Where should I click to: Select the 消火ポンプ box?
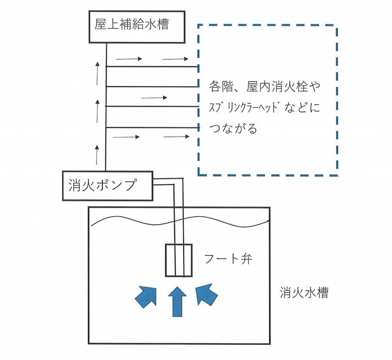tap(108, 186)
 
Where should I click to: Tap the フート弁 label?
tap(229, 259)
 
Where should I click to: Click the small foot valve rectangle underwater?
tap(178, 260)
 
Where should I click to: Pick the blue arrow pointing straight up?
tap(177, 301)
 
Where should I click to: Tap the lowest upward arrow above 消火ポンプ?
tap(97, 155)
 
